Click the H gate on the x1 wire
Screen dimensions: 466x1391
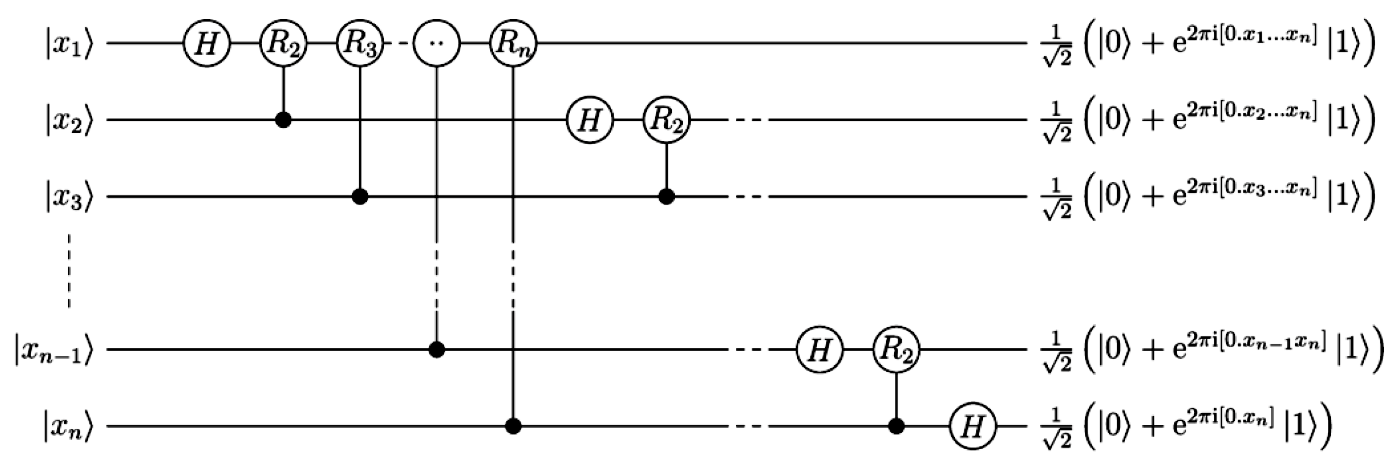[x=207, y=43]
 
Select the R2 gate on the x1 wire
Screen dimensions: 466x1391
[x=283, y=43]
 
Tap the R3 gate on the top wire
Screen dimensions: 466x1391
[x=360, y=43]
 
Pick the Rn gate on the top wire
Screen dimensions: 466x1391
[x=513, y=43]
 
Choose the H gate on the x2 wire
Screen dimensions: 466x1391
[x=590, y=120]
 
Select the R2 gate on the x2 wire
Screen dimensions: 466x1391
[x=666, y=120]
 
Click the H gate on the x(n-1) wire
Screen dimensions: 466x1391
[x=820, y=350]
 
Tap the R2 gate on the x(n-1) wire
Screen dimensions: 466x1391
[x=896, y=350]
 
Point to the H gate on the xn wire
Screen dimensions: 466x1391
[x=973, y=427]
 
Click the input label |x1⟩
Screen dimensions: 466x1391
[x=69, y=43]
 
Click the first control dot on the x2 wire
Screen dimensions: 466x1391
[x=283, y=120]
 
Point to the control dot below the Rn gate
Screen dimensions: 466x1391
[x=513, y=427]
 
